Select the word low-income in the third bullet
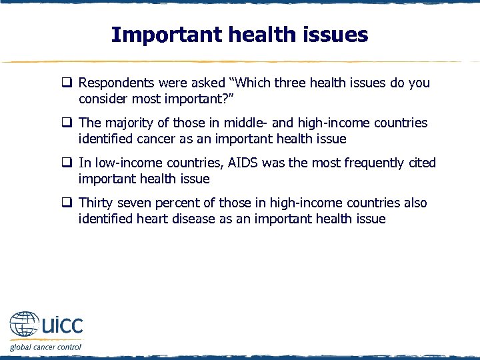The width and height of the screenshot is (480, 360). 126,163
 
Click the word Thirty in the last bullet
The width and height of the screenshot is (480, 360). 97,203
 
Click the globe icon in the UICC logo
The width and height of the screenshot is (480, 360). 25,326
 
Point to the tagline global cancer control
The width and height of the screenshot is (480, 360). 45,347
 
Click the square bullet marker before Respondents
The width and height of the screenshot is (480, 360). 67,84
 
